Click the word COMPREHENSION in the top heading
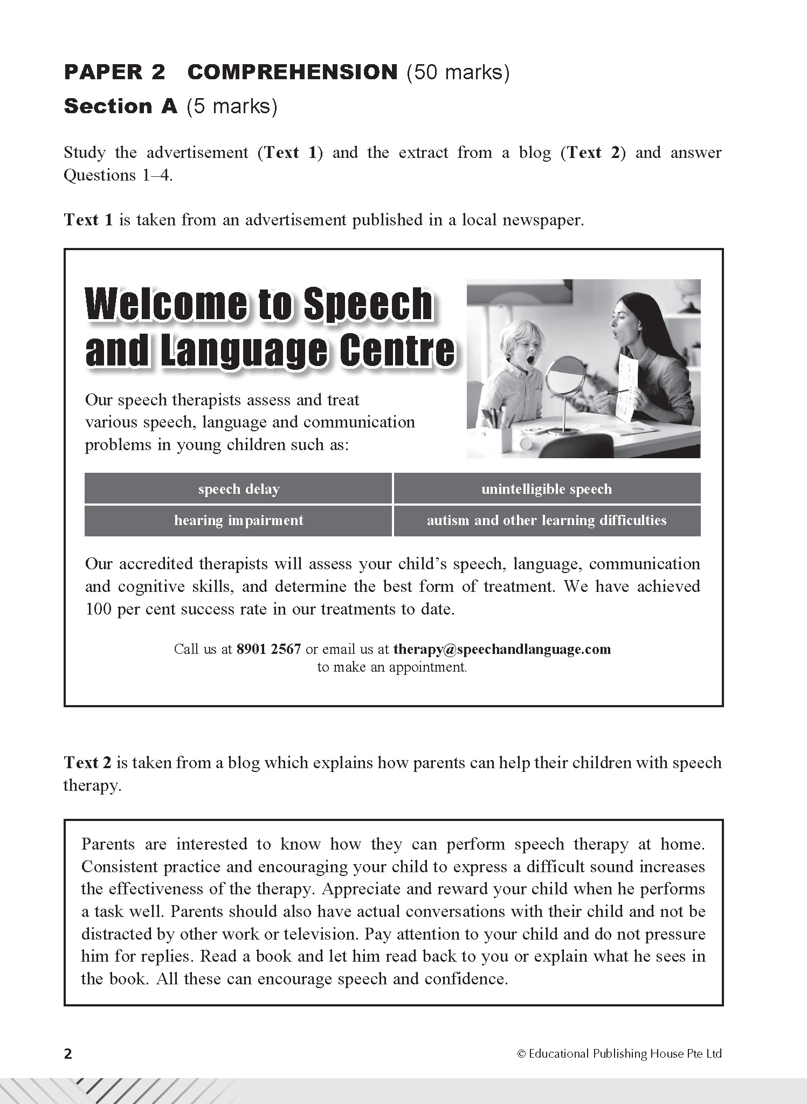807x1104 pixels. [x=292, y=72]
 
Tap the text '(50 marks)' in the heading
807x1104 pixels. [x=458, y=72]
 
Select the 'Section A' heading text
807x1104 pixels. [x=120, y=107]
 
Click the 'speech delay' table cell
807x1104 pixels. [x=238, y=489]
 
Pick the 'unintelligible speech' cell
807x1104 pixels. [x=547, y=489]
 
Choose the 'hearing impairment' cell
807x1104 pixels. [x=238, y=520]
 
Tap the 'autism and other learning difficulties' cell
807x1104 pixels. [x=547, y=520]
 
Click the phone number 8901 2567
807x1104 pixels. [x=268, y=648]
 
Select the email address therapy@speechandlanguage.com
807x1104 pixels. [x=502, y=648]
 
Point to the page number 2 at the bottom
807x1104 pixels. [x=68, y=1053]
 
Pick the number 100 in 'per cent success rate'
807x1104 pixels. [x=98, y=609]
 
